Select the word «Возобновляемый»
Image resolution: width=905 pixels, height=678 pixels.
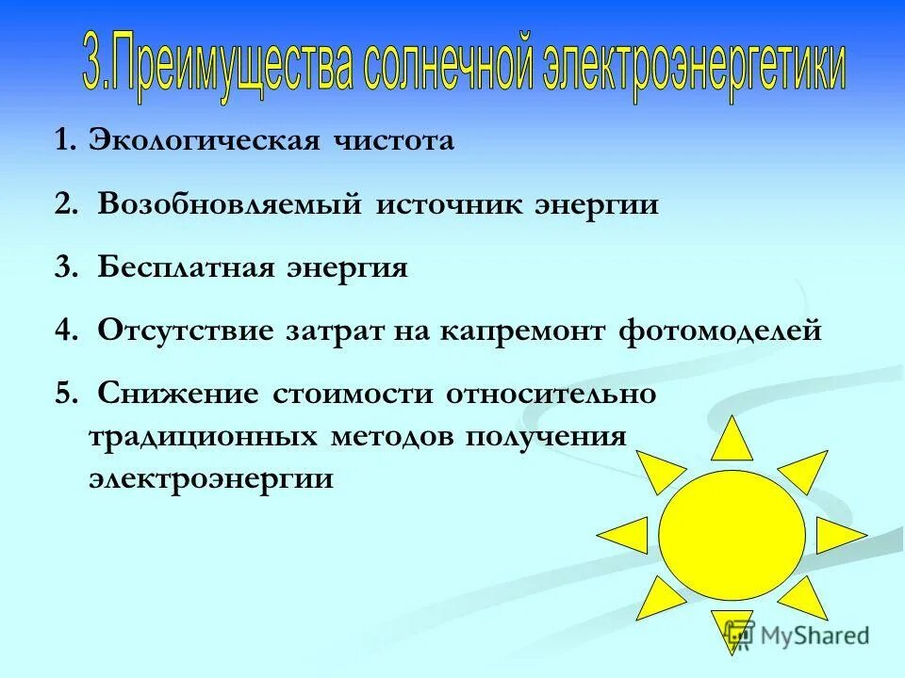(229, 205)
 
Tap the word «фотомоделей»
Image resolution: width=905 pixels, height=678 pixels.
(721, 331)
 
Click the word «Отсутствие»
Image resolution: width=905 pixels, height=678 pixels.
(185, 331)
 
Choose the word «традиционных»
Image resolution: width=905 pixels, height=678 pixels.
(202, 437)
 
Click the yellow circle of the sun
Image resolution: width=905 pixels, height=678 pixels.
(732, 535)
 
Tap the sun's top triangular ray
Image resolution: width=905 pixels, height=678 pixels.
(732, 442)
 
